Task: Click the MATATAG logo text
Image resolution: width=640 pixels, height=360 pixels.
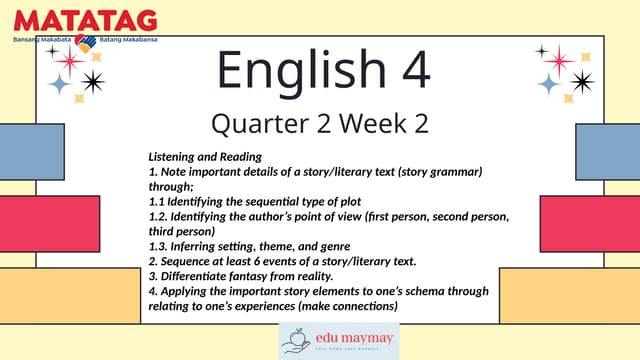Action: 85,20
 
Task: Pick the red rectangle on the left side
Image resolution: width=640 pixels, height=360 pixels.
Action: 50,224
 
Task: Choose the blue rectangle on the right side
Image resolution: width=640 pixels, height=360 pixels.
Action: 608,151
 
